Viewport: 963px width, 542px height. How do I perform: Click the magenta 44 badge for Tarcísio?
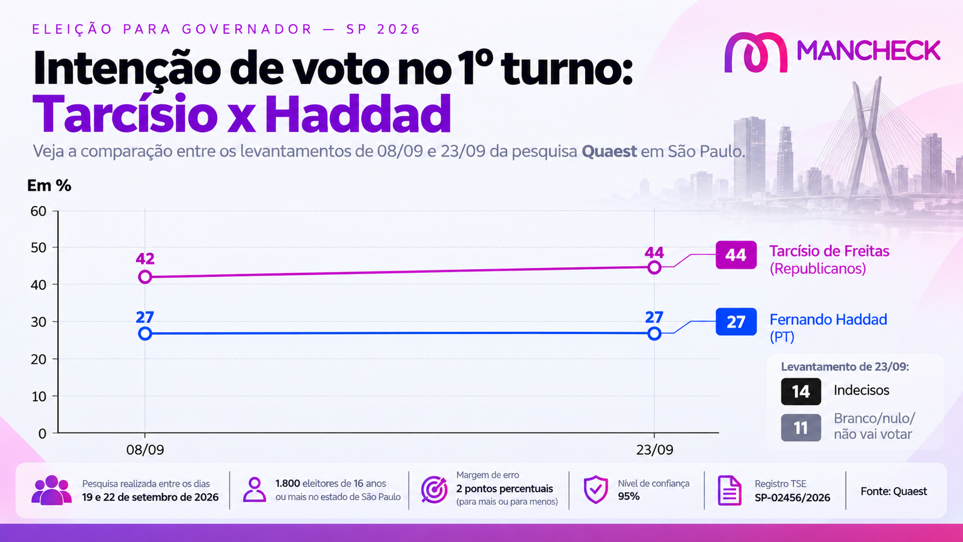(x=736, y=255)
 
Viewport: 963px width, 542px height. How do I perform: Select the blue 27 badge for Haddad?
(x=736, y=322)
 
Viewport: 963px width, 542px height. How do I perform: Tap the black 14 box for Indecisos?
(x=801, y=391)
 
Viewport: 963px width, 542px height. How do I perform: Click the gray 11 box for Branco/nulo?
(x=801, y=428)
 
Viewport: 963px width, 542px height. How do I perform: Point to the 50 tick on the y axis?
(x=39, y=248)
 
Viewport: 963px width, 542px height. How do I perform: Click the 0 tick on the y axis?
(x=42, y=433)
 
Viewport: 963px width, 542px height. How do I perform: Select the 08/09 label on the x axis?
(x=145, y=450)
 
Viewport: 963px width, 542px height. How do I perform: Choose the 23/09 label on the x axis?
(x=654, y=450)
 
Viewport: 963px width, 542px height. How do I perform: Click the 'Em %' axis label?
(x=49, y=185)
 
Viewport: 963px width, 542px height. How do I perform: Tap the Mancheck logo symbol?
(x=755, y=52)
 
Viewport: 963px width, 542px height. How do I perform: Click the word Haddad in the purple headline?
(x=358, y=114)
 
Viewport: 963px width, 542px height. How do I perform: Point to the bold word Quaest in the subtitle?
(x=609, y=151)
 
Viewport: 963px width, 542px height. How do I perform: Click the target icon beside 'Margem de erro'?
(x=434, y=490)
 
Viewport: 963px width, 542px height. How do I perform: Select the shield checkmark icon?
(x=596, y=490)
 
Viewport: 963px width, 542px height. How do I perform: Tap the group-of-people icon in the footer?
(x=51, y=490)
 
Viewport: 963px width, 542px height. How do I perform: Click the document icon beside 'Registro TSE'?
(x=729, y=490)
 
